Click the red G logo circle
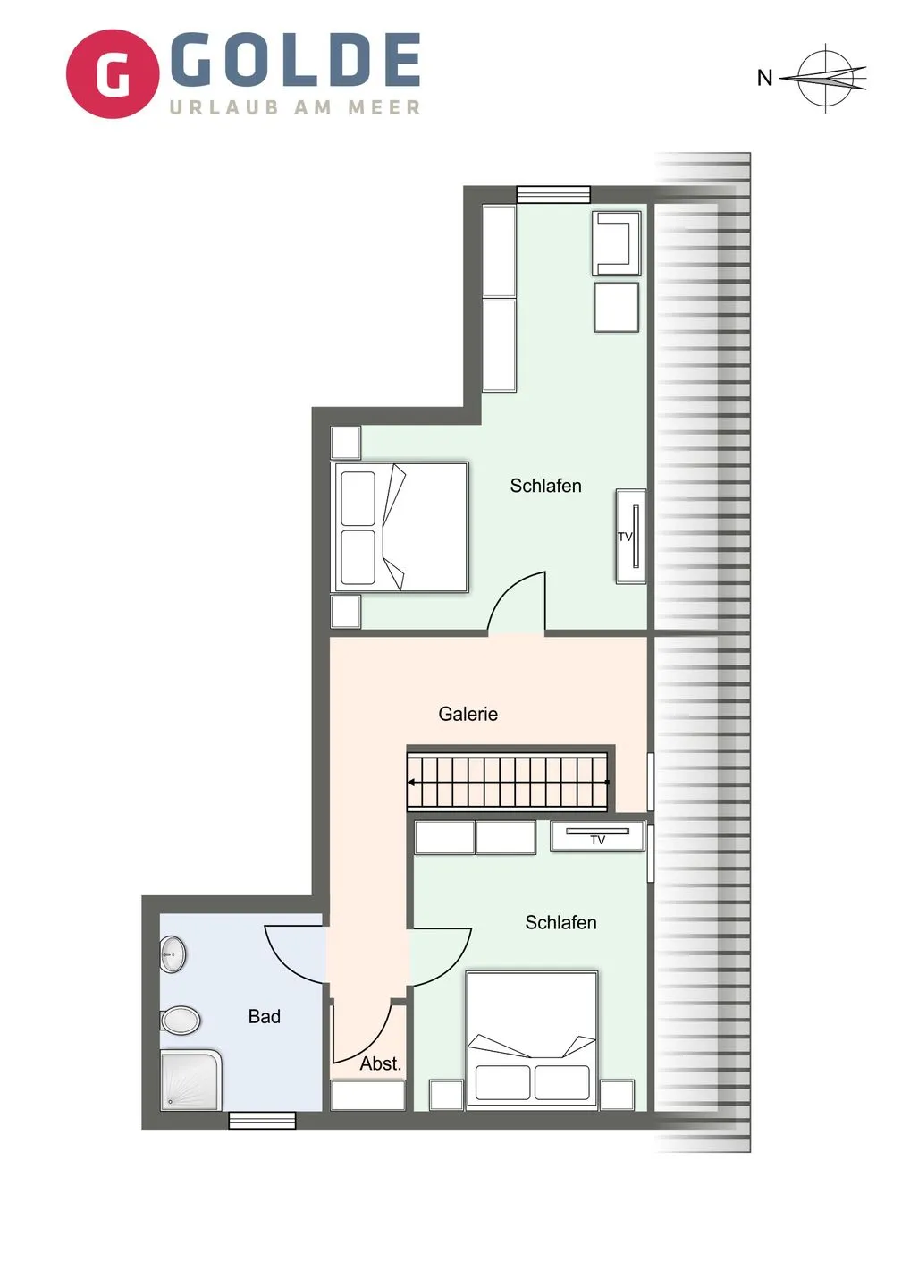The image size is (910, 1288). click(x=113, y=74)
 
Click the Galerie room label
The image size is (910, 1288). click(x=468, y=714)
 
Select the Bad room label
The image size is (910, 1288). click(x=264, y=1016)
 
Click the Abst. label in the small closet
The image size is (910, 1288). click(x=380, y=1063)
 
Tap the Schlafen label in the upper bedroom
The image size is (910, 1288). click(x=545, y=486)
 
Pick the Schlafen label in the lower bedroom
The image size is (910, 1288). click(x=560, y=922)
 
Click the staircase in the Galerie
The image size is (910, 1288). click(x=508, y=782)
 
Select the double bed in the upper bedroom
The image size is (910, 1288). click(x=400, y=527)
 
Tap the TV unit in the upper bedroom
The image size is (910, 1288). click(x=631, y=537)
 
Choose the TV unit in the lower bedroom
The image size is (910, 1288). click(x=598, y=836)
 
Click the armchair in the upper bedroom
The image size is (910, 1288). click(x=617, y=242)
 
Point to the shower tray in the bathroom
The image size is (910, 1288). click(x=190, y=1080)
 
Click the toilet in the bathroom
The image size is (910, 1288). click(x=181, y=1020)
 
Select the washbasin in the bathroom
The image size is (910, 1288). click(x=173, y=955)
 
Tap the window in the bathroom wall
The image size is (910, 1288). click(x=262, y=1120)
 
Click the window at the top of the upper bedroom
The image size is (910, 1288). click(x=553, y=194)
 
